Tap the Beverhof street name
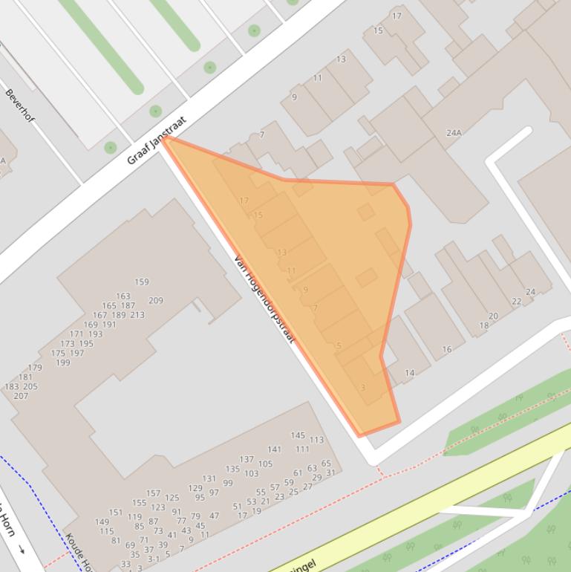(x=20, y=106)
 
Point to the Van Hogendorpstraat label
(x=264, y=300)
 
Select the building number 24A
(x=454, y=133)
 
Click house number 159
(x=142, y=282)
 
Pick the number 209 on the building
(x=156, y=301)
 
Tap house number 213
(x=137, y=315)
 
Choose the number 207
(x=20, y=396)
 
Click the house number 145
(x=298, y=435)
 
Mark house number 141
(x=274, y=449)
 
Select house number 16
(x=446, y=349)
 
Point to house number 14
(x=410, y=373)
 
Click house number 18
(x=484, y=325)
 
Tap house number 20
(x=493, y=316)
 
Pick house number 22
(x=516, y=302)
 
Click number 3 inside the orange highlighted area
(x=362, y=387)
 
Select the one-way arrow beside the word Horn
(x=22, y=549)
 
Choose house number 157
(x=153, y=493)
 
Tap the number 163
(x=123, y=296)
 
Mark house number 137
(x=247, y=460)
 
